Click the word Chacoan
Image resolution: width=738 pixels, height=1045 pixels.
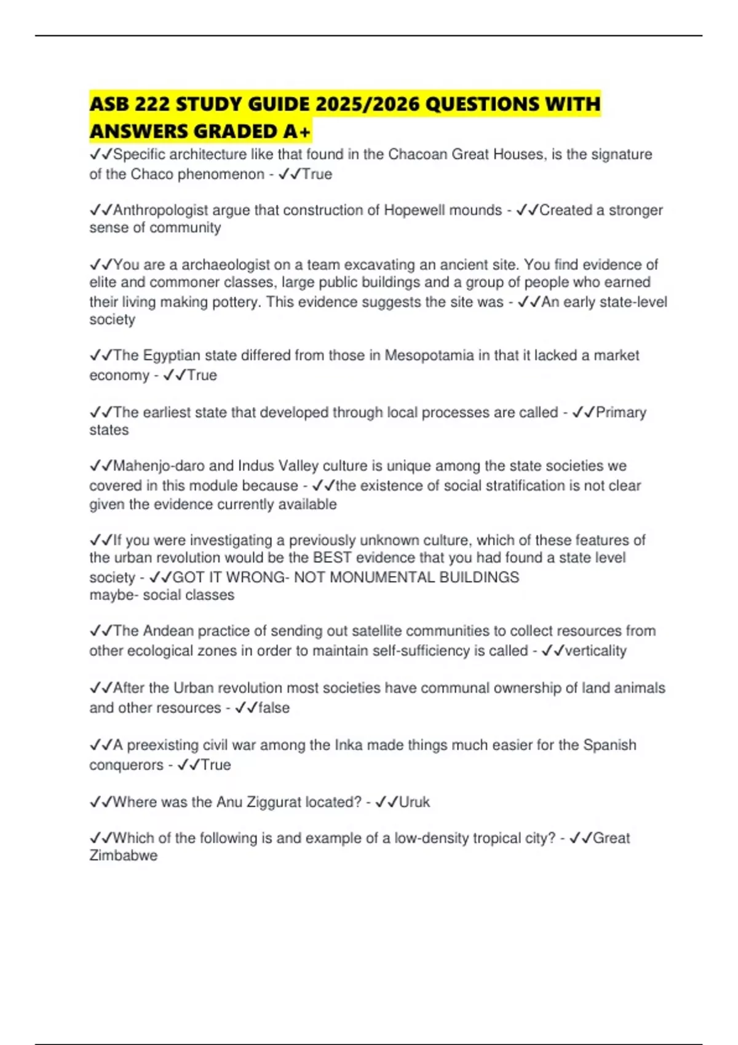click(x=418, y=154)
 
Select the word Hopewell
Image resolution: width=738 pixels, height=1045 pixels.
click(x=415, y=210)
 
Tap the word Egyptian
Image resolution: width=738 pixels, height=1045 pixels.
click(x=172, y=356)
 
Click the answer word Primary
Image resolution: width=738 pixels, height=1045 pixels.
click(x=621, y=412)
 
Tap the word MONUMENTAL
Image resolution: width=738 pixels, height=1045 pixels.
click(x=382, y=578)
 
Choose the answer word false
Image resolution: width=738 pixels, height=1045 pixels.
click(x=274, y=708)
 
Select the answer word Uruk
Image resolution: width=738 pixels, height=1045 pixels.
click(x=415, y=802)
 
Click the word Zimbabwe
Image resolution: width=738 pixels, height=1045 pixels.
click(x=124, y=856)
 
